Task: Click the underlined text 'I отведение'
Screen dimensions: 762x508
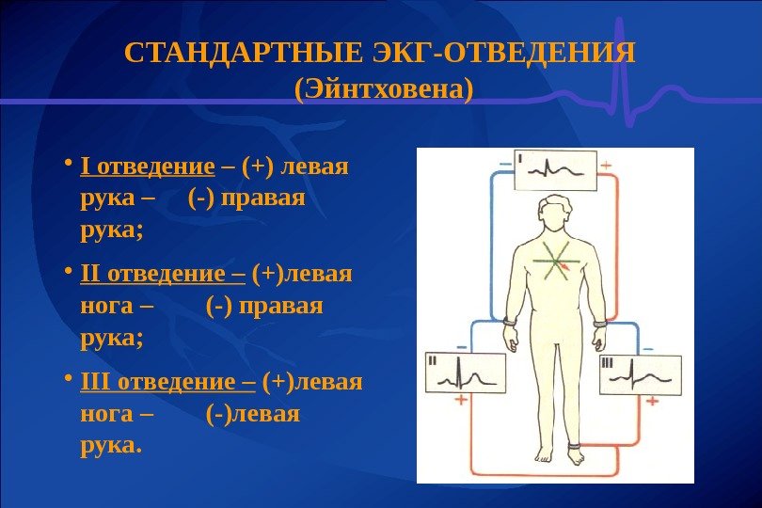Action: pos(149,167)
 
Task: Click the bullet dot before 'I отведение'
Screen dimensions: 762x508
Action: pos(68,167)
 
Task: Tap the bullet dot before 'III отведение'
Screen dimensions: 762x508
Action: pos(68,382)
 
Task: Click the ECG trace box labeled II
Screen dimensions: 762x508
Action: pos(466,373)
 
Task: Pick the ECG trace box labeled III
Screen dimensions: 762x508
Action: pos(639,373)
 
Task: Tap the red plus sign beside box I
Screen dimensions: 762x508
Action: pos(605,165)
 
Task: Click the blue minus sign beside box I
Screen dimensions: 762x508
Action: pos(505,163)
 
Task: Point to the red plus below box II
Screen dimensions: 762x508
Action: pos(461,400)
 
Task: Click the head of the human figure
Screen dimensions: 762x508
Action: pos(553,213)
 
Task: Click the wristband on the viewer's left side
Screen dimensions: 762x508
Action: pos(509,323)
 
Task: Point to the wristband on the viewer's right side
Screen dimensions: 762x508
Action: pos(599,323)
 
